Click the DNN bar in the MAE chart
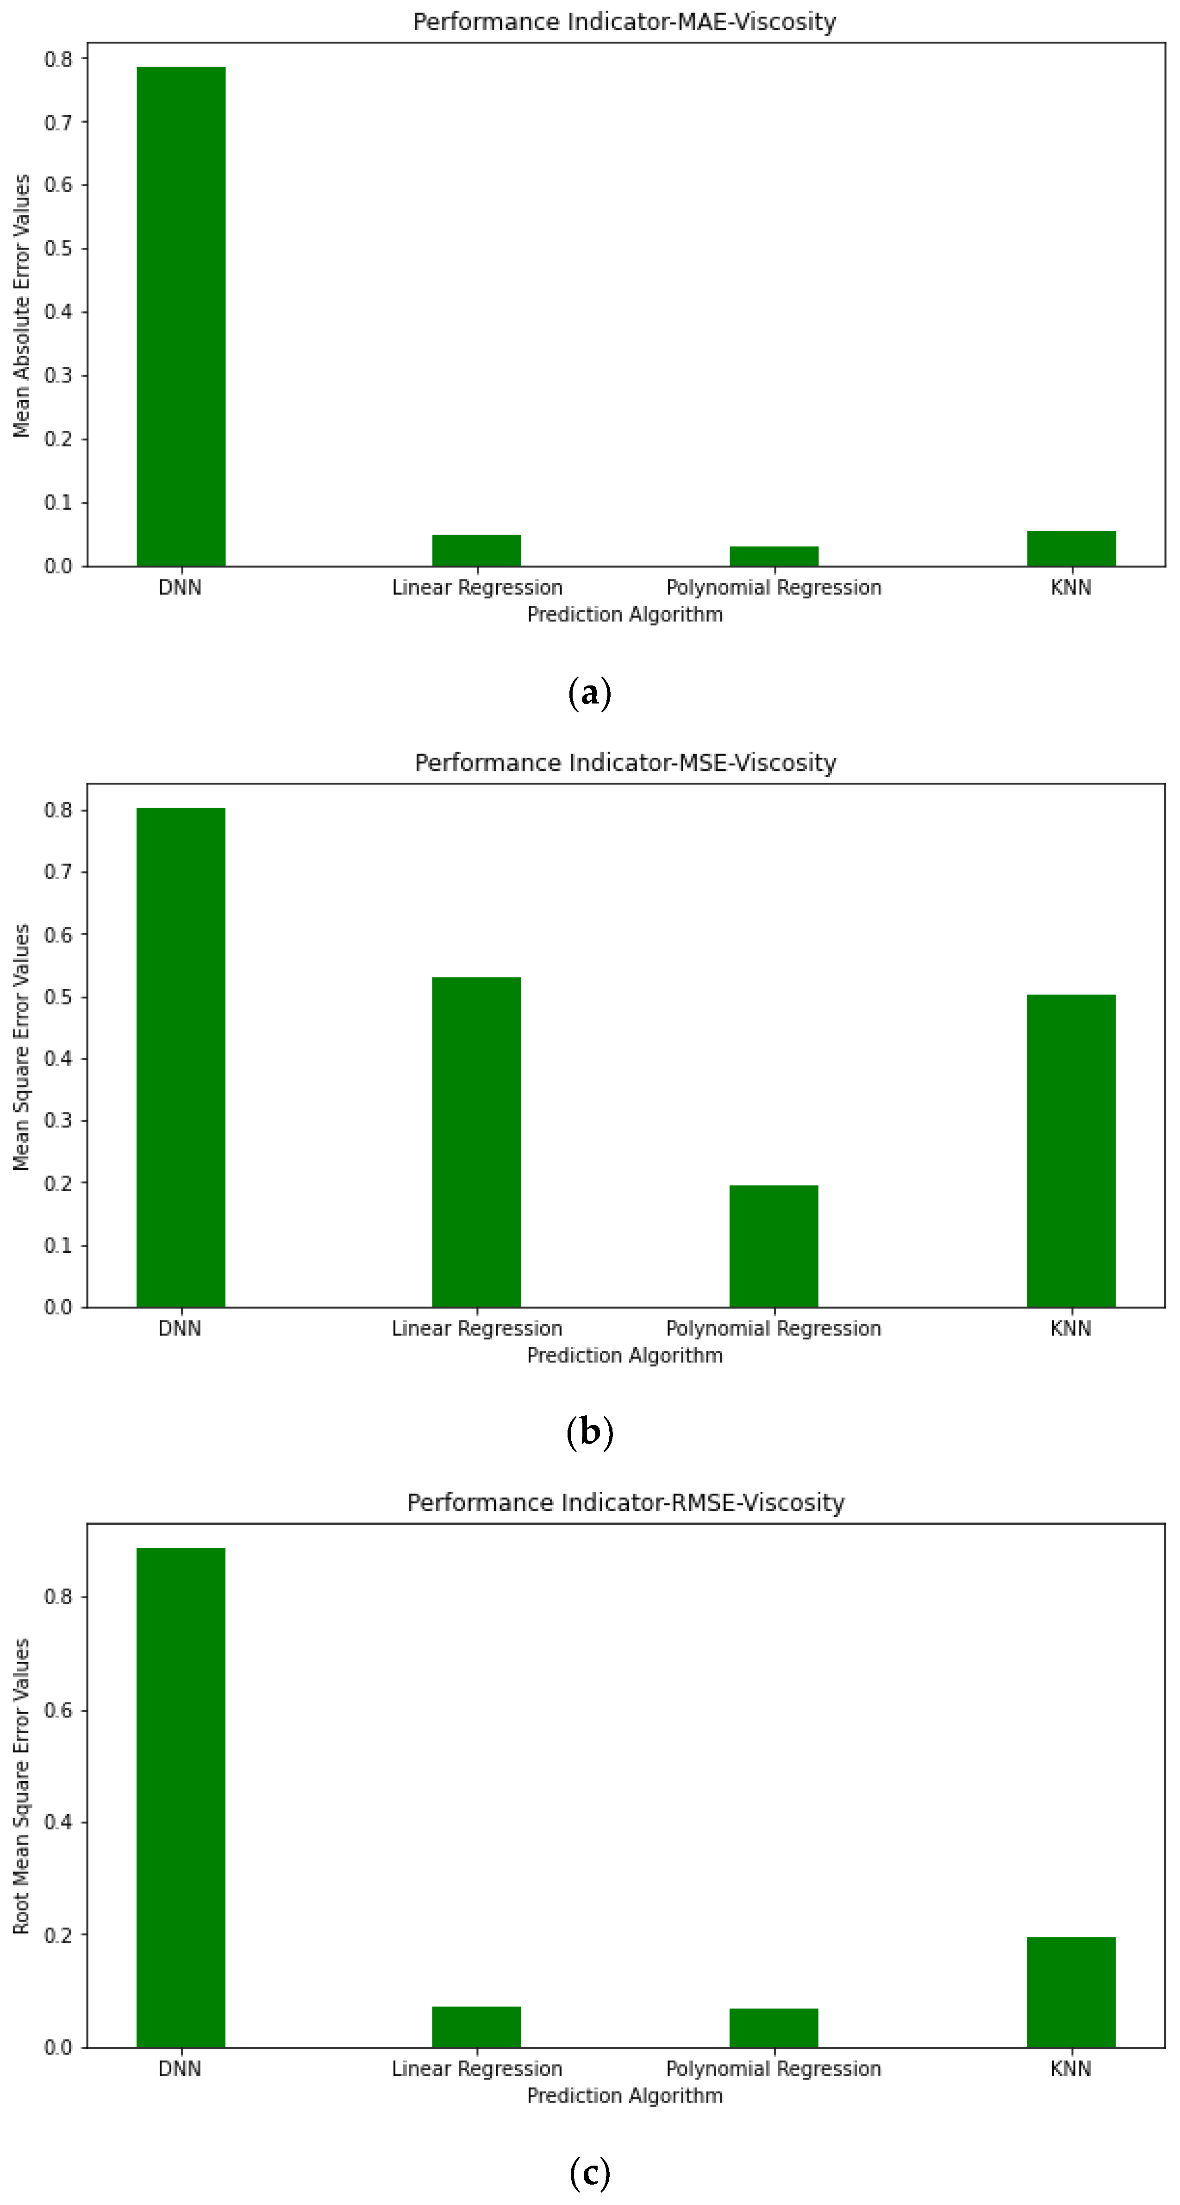click(181, 317)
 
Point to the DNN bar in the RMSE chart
click(181, 1797)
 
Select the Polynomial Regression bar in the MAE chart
click(774, 556)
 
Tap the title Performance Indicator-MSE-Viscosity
click(624, 763)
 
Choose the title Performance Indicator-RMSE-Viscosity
click(624, 1502)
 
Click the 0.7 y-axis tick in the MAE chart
click(58, 122)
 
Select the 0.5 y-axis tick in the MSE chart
click(58, 997)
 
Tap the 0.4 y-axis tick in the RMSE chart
click(58, 1822)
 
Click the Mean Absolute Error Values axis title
click(21, 306)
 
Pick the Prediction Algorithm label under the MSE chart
click(624, 1355)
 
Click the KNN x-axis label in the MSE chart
click(1070, 1328)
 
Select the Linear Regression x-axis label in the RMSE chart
click(477, 2069)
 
